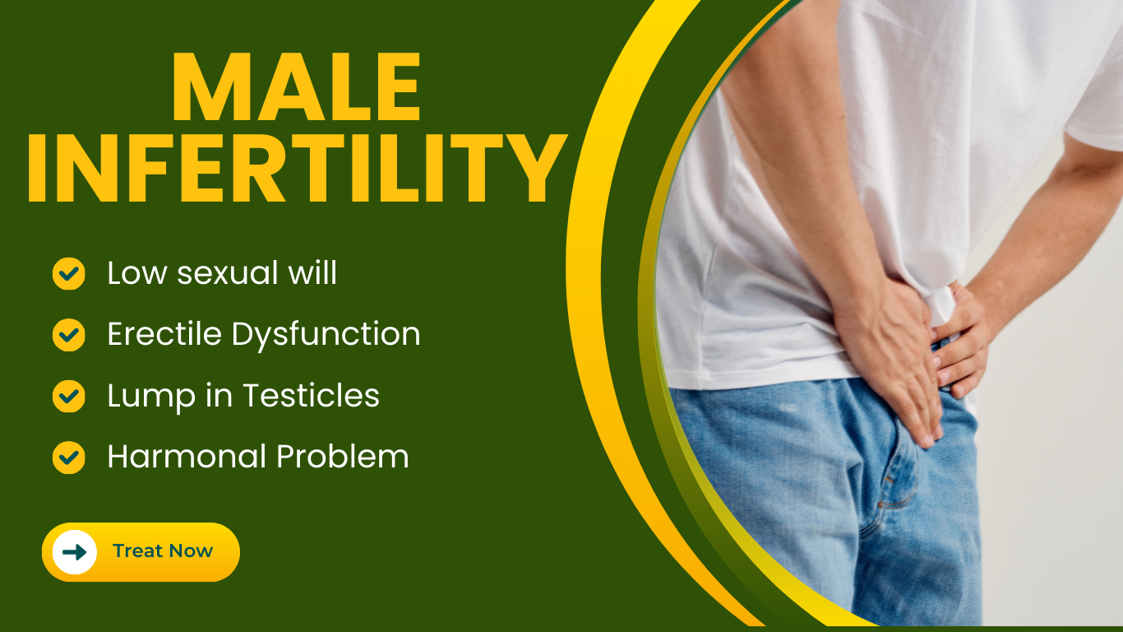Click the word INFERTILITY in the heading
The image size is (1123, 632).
click(297, 168)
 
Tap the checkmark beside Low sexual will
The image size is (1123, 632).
click(69, 273)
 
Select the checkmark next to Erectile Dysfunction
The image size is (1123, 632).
click(69, 335)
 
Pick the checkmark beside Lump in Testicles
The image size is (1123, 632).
click(69, 396)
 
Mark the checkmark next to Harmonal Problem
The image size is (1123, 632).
click(69, 458)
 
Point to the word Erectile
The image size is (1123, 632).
click(164, 334)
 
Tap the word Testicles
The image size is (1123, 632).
click(312, 395)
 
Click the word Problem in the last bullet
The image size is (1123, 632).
click(343, 456)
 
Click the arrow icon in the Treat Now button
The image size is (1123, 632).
click(75, 552)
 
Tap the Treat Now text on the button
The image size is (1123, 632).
click(163, 551)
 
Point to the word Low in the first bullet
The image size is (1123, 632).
click(136, 273)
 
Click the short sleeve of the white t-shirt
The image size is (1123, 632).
click(1093, 100)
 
